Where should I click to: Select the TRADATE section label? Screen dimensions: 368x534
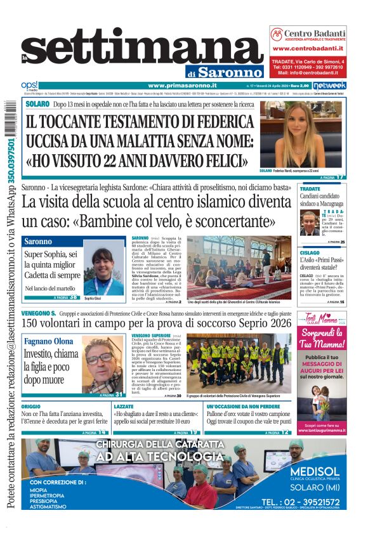pos(310,189)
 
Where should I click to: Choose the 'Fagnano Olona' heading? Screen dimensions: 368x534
pos(49,341)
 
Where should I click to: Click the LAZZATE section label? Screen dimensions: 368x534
pos(124,406)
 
